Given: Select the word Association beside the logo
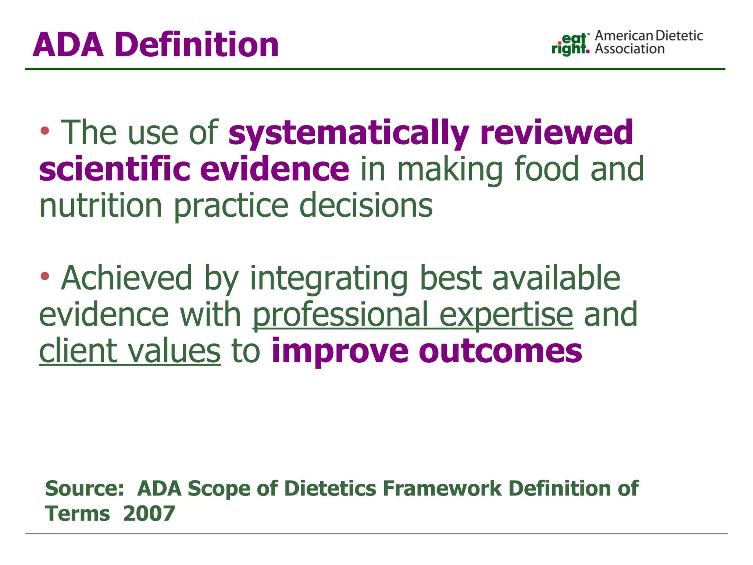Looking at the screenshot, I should [x=629, y=49].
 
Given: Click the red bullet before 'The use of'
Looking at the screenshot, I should [x=45, y=130].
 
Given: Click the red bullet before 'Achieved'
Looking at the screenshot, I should [x=45, y=276].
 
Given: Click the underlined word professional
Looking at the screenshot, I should [x=340, y=315].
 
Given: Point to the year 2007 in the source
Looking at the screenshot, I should [x=149, y=514].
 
